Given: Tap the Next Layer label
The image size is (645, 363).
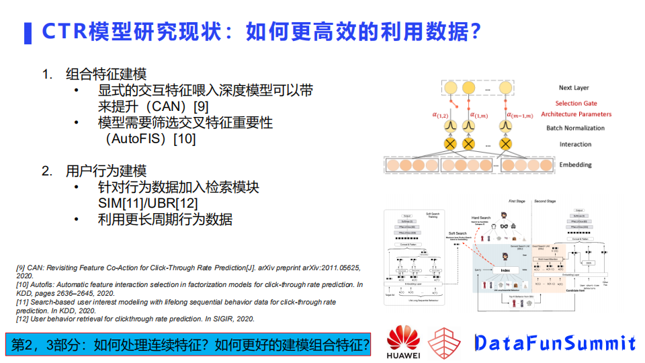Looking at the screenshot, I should click(x=574, y=88).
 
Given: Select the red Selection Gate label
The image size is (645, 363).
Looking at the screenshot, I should click(x=576, y=104).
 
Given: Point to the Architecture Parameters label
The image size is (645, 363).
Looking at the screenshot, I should click(x=576, y=114).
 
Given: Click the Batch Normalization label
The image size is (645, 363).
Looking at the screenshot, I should click(x=576, y=128).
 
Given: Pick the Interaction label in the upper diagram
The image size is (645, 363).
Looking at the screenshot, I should click(x=575, y=145).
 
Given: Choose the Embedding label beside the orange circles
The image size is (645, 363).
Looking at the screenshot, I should click(x=575, y=165).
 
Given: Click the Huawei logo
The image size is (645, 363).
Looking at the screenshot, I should click(x=403, y=342).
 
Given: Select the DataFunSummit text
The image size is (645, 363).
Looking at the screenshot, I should click(x=554, y=344).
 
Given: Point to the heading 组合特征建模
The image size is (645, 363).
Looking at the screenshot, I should click(x=106, y=74).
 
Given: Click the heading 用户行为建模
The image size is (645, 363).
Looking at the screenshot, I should click(x=106, y=171).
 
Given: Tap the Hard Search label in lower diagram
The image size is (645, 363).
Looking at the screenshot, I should click(x=482, y=218).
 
